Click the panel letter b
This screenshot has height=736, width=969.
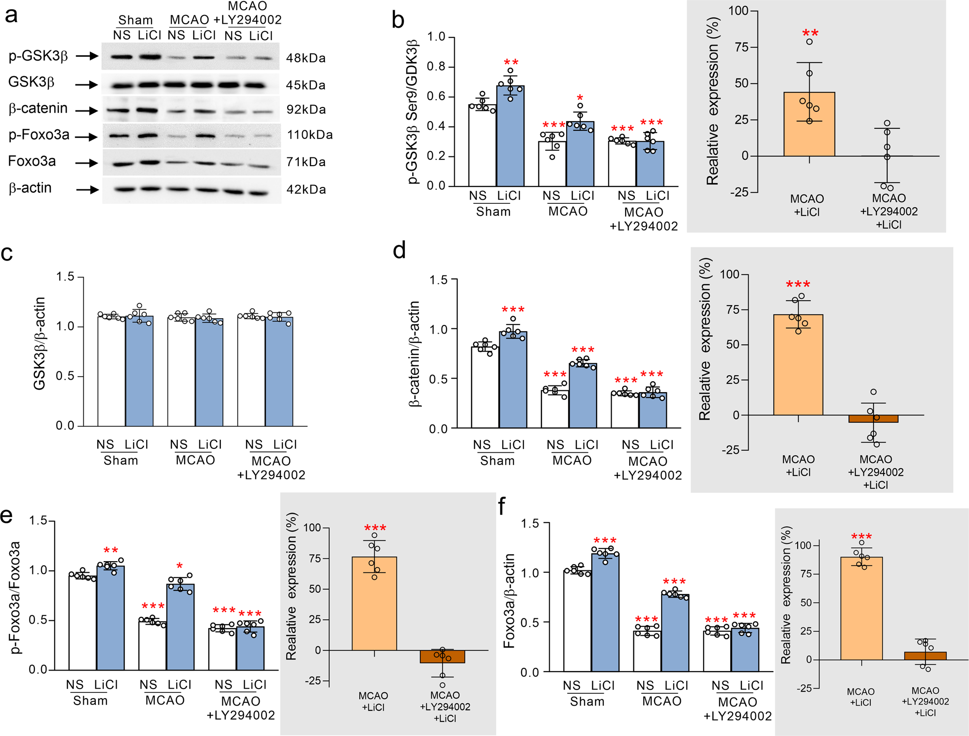click(x=398, y=20)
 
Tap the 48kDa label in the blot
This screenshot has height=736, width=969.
click(x=306, y=58)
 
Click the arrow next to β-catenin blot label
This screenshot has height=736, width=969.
click(x=87, y=111)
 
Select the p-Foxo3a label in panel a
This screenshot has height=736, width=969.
click(x=39, y=135)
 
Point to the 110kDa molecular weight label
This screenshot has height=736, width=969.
click(x=310, y=135)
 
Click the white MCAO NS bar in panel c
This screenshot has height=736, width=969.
click(x=181, y=373)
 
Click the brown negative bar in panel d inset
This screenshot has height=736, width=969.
click(x=873, y=419)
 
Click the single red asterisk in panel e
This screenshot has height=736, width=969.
click(x=180, y=566)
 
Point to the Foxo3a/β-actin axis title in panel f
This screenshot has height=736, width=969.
click(x=509, y=600)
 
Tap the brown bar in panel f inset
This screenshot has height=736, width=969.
click(x=925, y=656)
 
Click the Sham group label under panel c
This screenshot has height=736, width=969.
click(x=121, y=460)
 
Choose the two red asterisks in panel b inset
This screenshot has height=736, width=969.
click(x=810, y=33)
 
